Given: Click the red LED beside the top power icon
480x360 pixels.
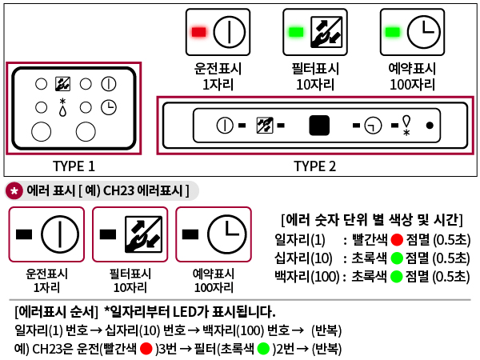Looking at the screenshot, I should [x=199, y=32].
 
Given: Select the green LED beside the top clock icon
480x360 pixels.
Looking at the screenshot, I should [x=392, y=32].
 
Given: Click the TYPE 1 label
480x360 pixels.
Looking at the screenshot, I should [x=74, y=166].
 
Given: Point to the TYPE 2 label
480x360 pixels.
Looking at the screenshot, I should [x=314, y=166].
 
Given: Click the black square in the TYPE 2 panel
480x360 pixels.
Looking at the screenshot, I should [x=319, y=126].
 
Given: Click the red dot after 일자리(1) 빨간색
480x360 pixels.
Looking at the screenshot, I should [x=396, y=240].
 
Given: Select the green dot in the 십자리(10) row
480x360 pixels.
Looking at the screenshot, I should [x=396, y=258].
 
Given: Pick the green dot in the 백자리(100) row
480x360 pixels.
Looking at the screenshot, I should [x=396, y=277].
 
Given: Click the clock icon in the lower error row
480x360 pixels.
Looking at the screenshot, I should [x=226, y=234].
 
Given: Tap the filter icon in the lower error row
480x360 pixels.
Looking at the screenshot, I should [x=143, y=234].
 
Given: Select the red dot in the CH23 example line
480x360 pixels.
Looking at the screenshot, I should [x=146, y=349].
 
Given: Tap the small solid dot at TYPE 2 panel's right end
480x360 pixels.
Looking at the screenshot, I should [x=430, y=126].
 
